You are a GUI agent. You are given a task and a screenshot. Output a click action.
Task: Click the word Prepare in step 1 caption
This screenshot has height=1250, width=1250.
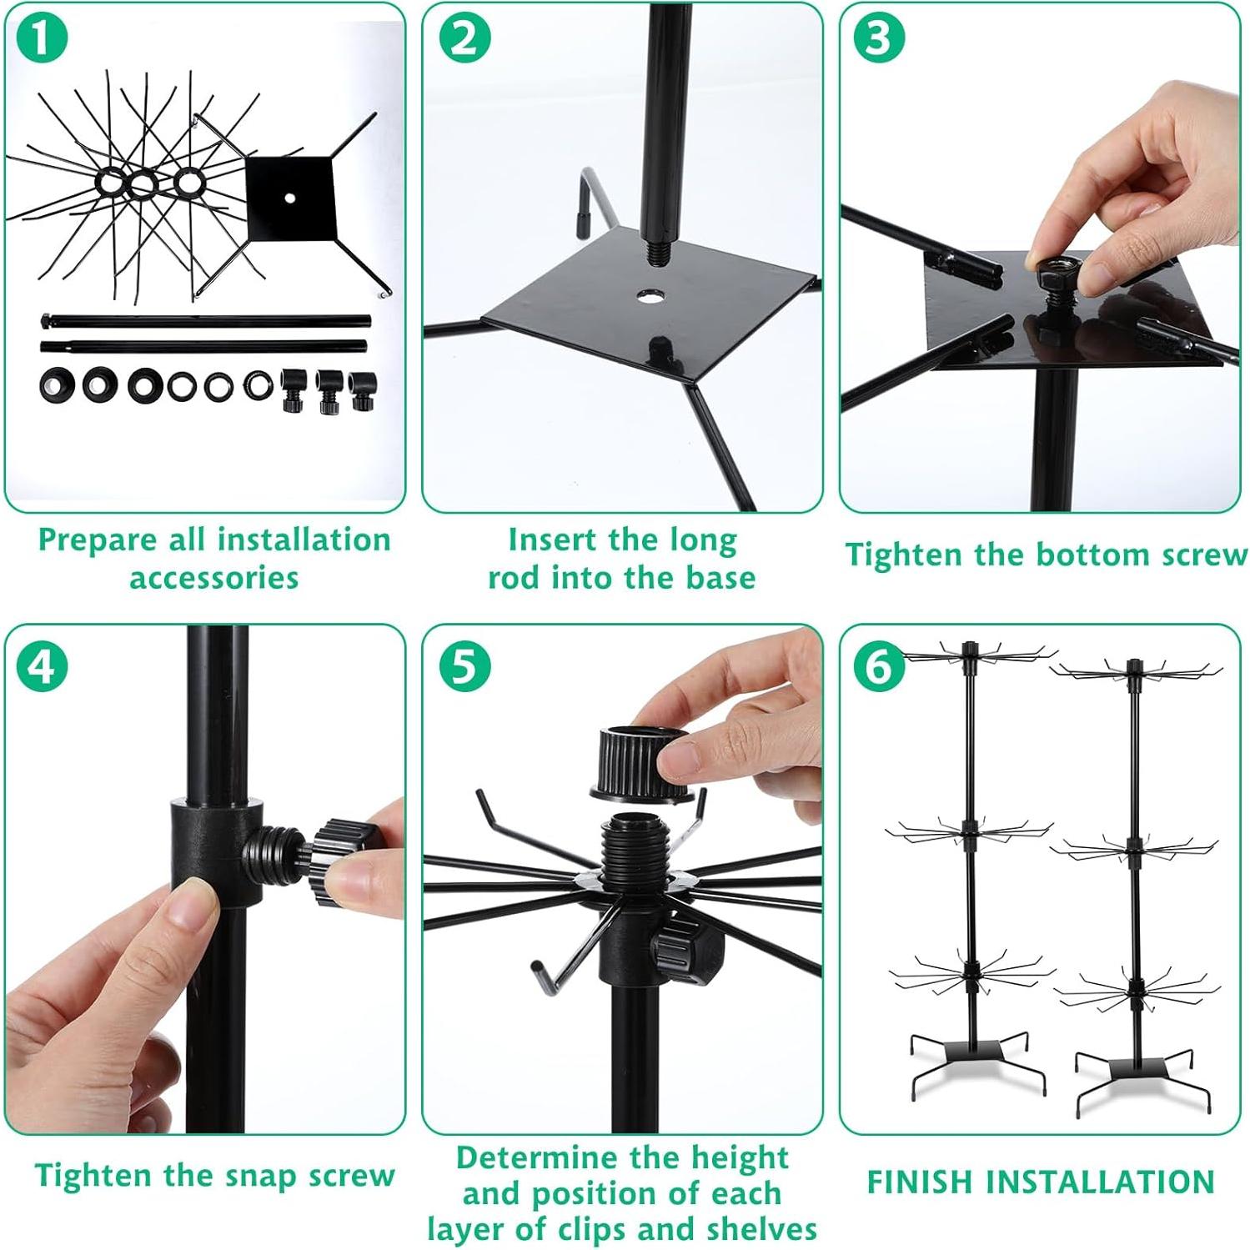click(x=98, y=540)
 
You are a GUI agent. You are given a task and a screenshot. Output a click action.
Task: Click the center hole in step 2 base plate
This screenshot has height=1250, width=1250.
click(x=647, y=296)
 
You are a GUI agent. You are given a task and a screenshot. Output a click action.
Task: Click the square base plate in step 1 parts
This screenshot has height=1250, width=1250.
click(x=289, y=197)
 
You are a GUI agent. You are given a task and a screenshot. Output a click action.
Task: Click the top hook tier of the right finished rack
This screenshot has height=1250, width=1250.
click(x=1134, y=671)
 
